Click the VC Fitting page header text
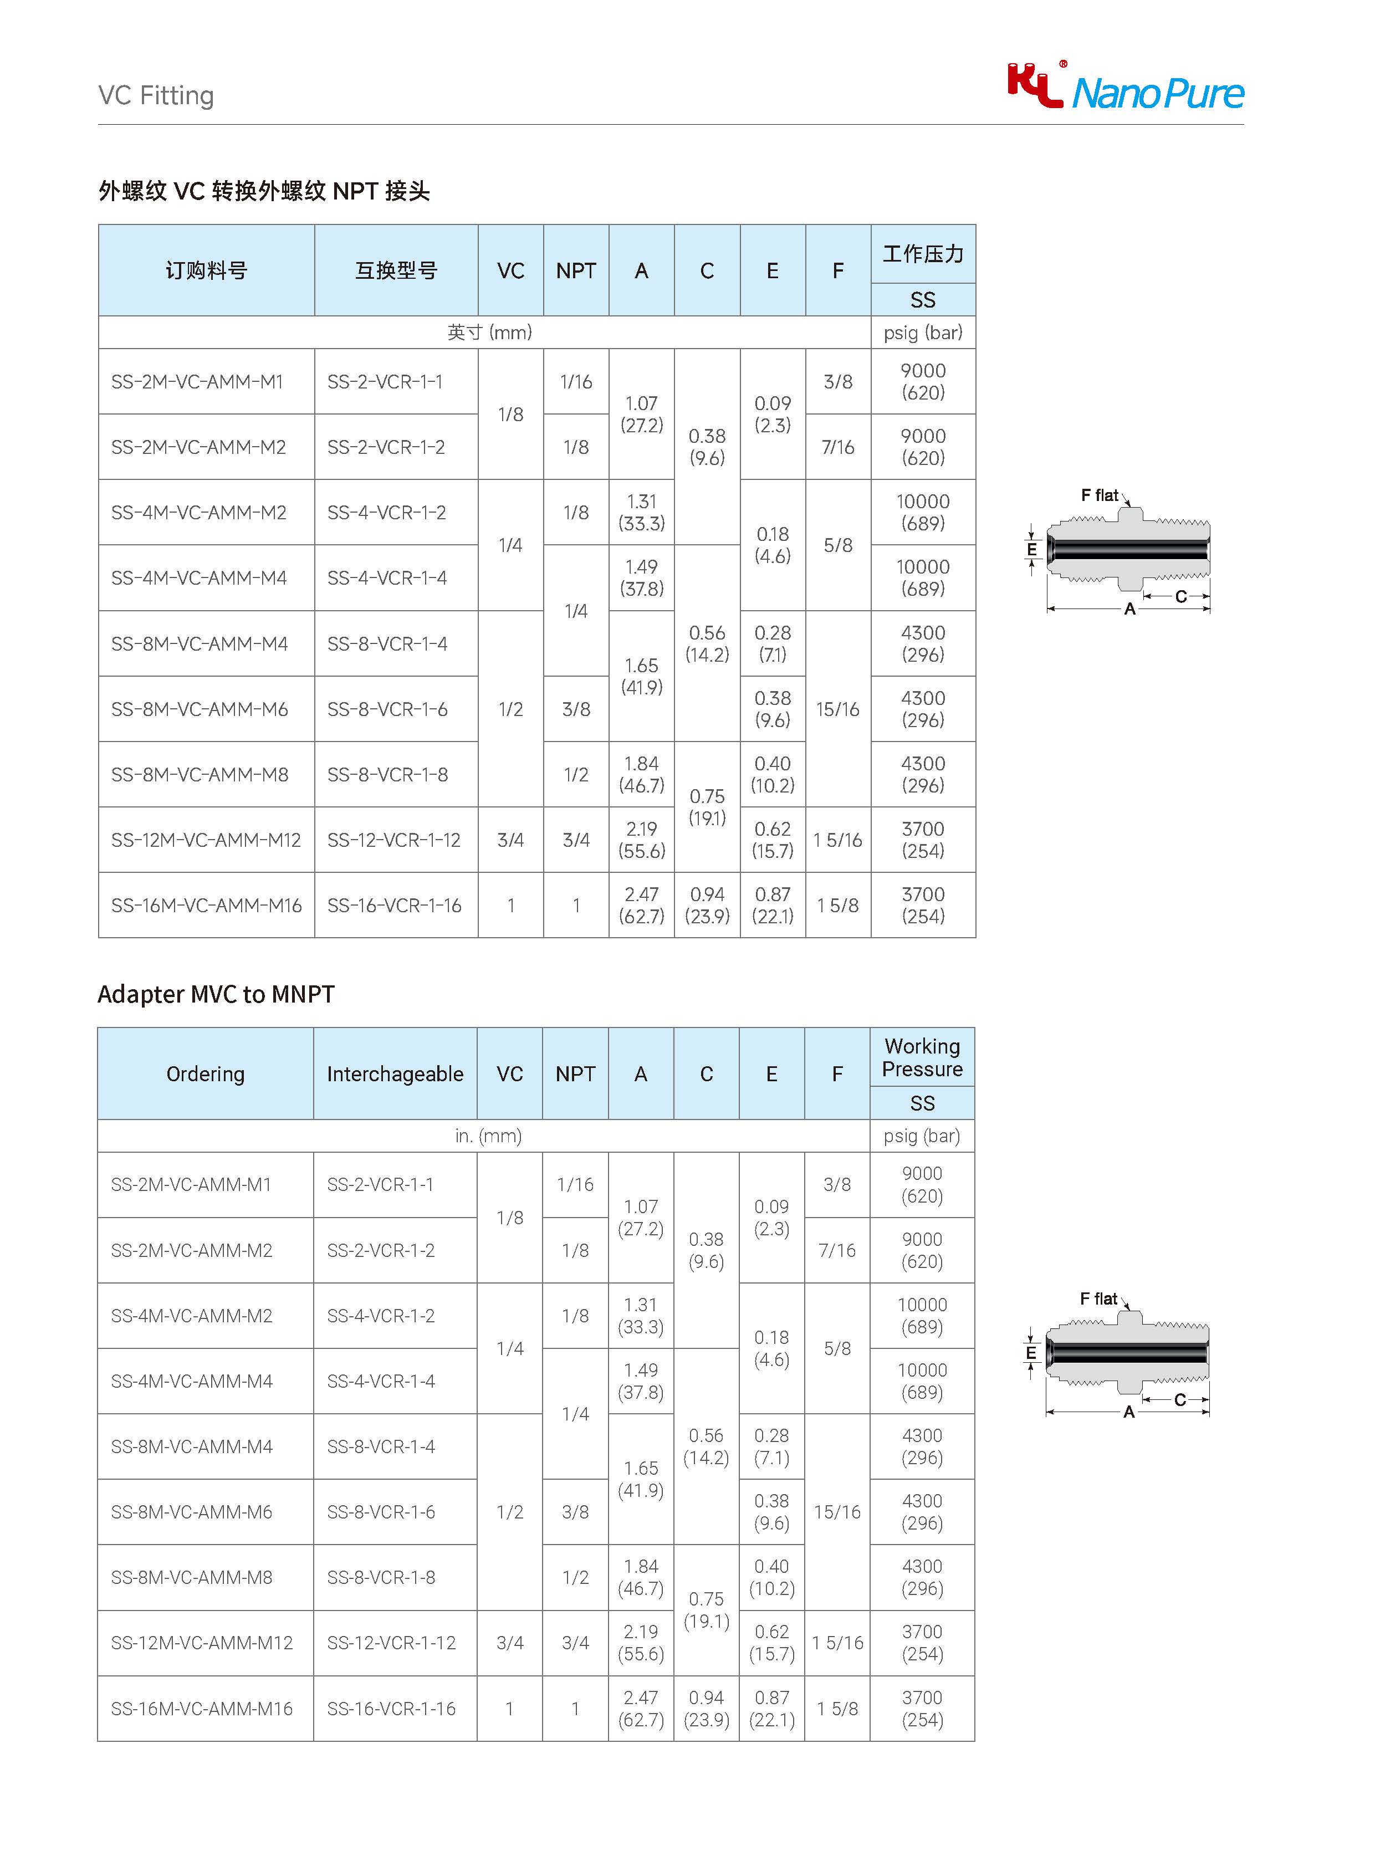(156, 96)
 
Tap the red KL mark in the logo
(1035, 85)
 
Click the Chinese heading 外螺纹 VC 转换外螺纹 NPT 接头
(264, 191)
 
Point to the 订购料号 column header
(206, 270)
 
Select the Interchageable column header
(395, 1073)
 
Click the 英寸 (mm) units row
(489, 332)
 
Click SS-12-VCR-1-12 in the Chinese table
(393, 840)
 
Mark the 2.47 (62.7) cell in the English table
(640, 1709)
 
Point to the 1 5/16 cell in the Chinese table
(837, 840)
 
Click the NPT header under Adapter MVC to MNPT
(575, 1073)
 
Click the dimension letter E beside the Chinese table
(1031, 549)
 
